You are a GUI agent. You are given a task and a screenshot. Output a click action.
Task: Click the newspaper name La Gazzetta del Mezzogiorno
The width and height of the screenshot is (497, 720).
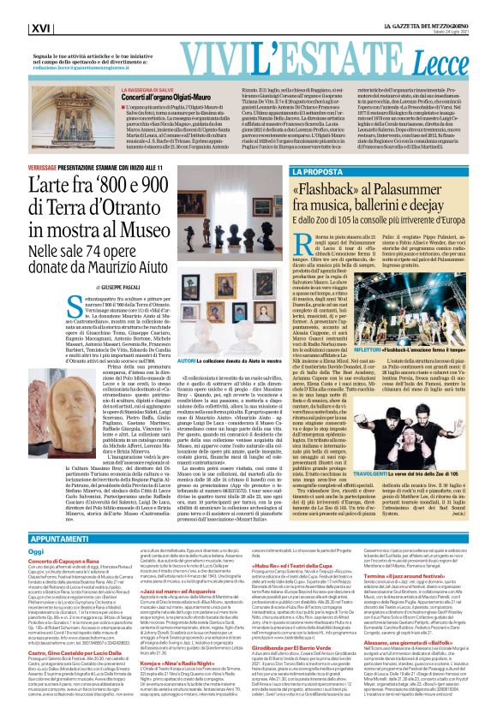click(427, 23)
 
